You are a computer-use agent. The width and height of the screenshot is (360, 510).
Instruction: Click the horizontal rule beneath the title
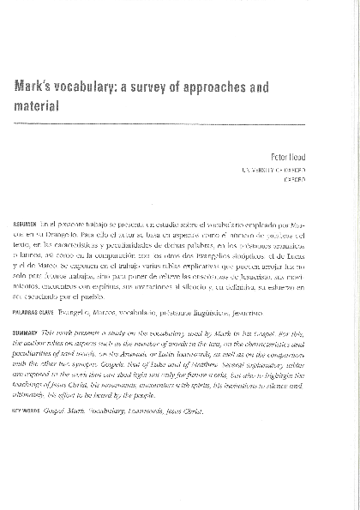[x=162, y=125]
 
